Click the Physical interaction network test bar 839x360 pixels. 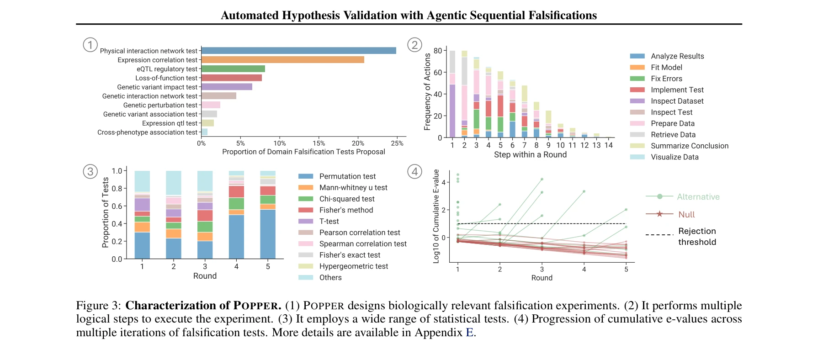pyautogui.click(x=298, y=51)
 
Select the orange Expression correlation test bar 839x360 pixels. pyautogui.click(x=282, y=60)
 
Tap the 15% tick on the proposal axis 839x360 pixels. pyautogui.click(x=319, y=143)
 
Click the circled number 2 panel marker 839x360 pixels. pyautogui.click(x=414, y=45)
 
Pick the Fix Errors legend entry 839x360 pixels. pyautogui.click(x=666, y=79)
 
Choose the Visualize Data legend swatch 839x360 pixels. pyautogui.click(x=637, y=157)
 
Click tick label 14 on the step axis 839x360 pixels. pyautogui.click(x=608, y=145)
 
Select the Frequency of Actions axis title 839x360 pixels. pyautogui.click(x=428, y=92)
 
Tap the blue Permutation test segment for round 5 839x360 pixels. pyautogui.click(x=268, y=234)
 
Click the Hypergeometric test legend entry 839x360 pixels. pyautogui.click(x=353, y=266)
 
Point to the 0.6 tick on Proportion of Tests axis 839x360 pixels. pyautogui.click(x=117, y=206)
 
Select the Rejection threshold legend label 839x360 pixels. pyautogui.click(x=697, y=237)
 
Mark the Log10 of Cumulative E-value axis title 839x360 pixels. pyautogui.click(x=436, y=216)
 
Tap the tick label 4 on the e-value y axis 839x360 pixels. pyautogui.click(x=444, y=182)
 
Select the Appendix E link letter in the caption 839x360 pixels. pyautogui.click(x=469, y=333)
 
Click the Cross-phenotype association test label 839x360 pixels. pyautogui.click(x=147, y=132)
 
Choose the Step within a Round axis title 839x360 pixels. pyautogui.click(x=530, y=155)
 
